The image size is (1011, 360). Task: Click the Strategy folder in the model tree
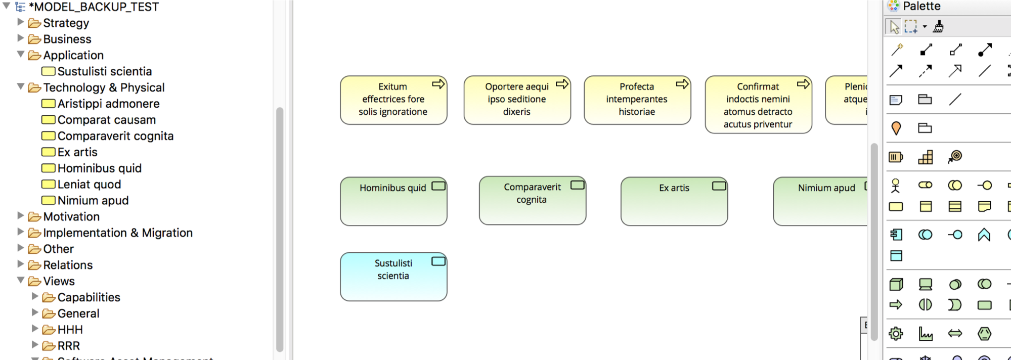pyautogui.click(x=66, y=23)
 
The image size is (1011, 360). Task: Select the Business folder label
pyautogui.click(x=67, y=39)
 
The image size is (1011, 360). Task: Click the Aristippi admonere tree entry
pyautogui.click(x=108, y=104)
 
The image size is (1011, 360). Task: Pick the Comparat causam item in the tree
pyautogui.click(x=106, y=120)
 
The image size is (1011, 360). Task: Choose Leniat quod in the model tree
pyautogui.click(x=89, y=185)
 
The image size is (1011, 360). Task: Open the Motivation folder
pyautogui.click(x=71, y=217)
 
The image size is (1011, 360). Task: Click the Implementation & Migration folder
pyautogui.click(x=117, y=233)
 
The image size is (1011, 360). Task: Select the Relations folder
pyautogui.click(x=68, y=265)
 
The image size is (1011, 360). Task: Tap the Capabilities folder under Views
pyautogui.click(x=89, y=298)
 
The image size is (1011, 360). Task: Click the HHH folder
pyautogui.click(x=70, y=330)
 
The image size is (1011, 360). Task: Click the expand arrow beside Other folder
pyautogui.click(x=21, y=248)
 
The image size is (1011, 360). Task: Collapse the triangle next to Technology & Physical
pyautogui.click(x=21, y=87)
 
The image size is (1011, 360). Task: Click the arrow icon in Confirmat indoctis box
pyautogui.click(x=803, y=84)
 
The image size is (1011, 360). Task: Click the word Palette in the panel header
pyautogui.click(x=921, y=7)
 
